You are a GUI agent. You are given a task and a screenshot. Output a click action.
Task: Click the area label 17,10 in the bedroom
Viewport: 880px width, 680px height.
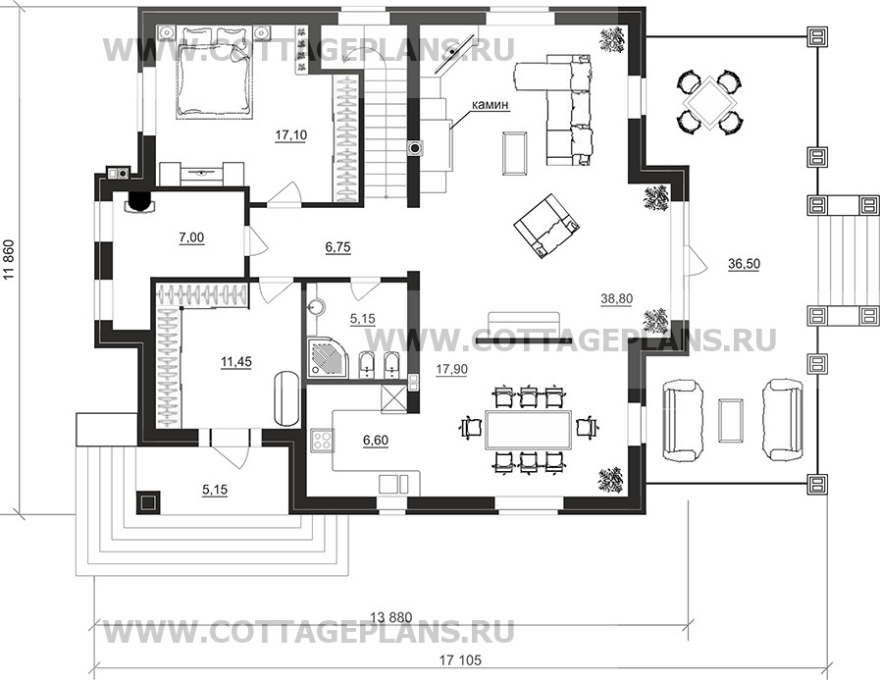[290, 135]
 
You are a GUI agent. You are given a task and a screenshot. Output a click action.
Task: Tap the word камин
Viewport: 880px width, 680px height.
[490, 104]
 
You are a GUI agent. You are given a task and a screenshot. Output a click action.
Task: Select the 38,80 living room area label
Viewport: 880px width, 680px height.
[616, 299]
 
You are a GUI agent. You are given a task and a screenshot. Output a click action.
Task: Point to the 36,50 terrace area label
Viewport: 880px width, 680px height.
[745, 264]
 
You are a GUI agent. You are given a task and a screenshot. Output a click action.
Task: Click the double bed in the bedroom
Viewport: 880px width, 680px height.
[216, 72]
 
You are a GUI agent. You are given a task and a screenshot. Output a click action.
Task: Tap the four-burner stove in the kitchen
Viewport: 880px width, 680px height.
[322, 439]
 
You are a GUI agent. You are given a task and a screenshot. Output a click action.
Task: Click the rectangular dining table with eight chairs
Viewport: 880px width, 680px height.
[528, 430]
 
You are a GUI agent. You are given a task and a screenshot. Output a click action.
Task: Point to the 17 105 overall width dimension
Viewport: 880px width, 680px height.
[460, 660]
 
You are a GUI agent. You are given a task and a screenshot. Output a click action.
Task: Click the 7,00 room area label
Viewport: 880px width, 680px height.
[191, 238]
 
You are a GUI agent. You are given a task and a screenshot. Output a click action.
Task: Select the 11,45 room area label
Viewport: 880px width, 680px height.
[235, 362]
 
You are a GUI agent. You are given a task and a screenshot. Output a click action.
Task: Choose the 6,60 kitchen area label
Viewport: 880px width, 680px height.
[376, 441]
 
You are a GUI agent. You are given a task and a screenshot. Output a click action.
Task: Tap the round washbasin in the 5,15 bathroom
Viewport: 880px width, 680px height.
[317, 306]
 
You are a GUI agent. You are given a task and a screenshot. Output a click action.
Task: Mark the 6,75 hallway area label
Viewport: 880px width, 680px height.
[337, 247]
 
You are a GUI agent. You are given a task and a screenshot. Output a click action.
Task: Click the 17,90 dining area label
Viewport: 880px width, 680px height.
[451, 369]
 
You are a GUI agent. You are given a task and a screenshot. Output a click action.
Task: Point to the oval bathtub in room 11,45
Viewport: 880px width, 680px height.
[286, 399]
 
